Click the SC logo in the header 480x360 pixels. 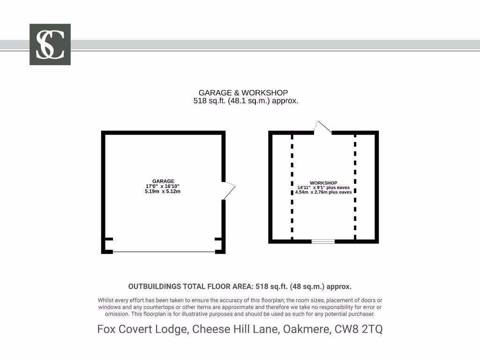50,45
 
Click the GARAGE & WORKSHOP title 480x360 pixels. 243,93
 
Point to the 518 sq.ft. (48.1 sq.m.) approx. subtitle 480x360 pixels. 246,101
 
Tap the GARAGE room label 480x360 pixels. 163,181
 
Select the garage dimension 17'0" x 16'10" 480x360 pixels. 163,186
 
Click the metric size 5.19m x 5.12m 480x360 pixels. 163,191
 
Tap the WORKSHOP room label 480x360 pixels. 323,183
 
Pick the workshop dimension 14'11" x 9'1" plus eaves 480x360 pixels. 323,187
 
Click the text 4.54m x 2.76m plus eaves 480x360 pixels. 323,192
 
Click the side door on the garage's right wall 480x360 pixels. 228,190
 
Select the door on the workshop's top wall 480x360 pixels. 323,127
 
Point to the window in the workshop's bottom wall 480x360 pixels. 323,241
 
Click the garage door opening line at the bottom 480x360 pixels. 164,252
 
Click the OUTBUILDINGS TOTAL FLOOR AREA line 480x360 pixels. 240,286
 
